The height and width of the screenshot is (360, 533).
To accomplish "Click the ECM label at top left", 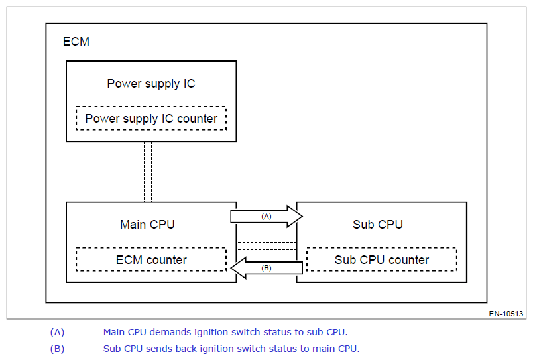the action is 76,42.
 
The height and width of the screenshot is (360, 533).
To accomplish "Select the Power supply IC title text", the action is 151,84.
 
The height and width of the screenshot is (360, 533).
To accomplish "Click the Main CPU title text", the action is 147,225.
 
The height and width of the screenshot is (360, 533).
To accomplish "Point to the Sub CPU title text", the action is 378,225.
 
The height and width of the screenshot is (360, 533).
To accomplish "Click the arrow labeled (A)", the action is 266,216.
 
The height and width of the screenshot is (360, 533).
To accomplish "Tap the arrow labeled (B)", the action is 266,268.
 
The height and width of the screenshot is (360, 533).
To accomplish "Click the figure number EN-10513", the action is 506,314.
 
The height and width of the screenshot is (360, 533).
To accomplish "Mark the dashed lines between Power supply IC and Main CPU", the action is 151,172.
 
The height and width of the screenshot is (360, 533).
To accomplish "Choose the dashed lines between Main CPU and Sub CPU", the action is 266,243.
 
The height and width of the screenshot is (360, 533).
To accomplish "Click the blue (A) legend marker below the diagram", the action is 57,332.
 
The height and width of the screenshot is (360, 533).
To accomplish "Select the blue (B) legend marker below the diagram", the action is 57,349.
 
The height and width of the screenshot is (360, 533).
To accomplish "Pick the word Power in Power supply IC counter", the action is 102,119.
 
